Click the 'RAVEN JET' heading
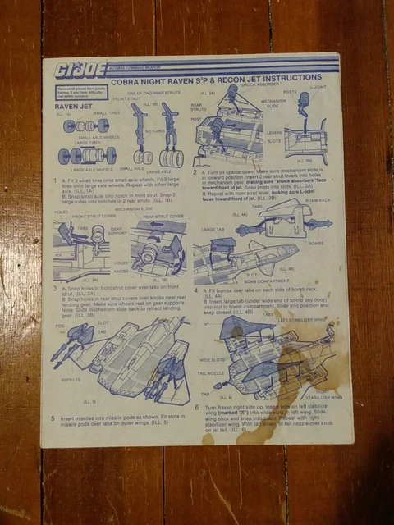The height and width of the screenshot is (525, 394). click(x=72, y=107)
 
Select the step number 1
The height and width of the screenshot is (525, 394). click(x=54, y=180)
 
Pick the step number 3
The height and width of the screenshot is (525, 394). click(x=54, y=289)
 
